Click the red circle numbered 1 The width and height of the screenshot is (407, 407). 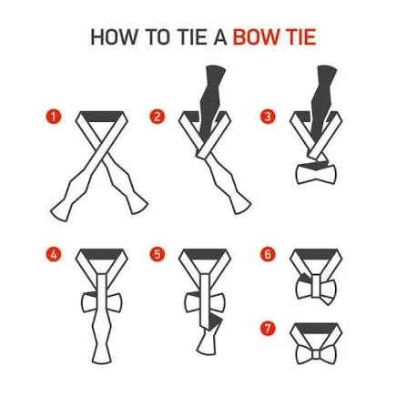(54, 117)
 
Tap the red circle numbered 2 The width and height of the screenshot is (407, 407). (157, 117)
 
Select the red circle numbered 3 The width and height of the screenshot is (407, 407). (268, 117)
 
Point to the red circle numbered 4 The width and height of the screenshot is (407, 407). (54, 254)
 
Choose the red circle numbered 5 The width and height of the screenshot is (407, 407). (157, 254)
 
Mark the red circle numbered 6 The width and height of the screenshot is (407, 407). (268, 254)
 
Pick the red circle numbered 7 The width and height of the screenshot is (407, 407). (268, 329)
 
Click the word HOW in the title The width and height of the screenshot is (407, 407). (114, 37)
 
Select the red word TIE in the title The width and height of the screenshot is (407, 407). (301, 37)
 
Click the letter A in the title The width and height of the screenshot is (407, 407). (220, 37)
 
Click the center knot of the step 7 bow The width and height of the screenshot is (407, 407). (316, 354)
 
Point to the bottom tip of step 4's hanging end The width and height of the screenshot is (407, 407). (102, 363)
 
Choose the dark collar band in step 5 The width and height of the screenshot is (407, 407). (205, 254)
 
